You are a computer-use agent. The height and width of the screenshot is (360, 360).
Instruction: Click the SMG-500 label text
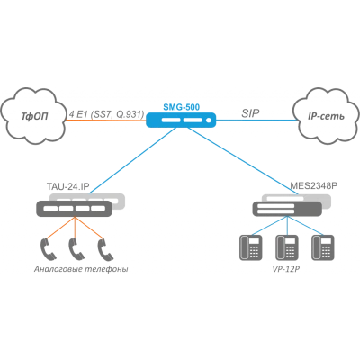(x=182, y=107)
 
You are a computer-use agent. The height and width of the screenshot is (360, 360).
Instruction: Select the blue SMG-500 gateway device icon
(x=181, y=120)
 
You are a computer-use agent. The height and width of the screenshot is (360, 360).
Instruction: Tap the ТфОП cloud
(x=34, y=116)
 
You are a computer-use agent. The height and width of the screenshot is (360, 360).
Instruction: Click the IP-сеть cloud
(x=326, y=116)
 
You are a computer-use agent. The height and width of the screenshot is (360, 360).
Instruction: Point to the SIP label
(x=250, y=113)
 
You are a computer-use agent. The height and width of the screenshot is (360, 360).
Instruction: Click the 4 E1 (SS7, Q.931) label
(x=107, y=114)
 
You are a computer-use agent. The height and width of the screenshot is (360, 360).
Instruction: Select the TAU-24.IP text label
(x=68, y=186)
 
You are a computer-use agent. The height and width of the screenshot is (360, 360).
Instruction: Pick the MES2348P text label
(x=314, y=186)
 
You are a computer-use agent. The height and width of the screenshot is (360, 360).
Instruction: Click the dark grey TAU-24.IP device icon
(x=74, y=209)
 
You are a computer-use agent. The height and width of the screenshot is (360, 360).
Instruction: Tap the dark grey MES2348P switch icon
(x=287, y=209)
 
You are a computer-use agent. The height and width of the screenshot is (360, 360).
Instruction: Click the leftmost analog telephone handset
(x=48, y=249)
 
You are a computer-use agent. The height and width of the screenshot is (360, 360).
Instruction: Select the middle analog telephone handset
(x=76, y=249)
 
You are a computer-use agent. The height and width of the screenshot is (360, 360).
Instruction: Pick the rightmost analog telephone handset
(x=105, y=249)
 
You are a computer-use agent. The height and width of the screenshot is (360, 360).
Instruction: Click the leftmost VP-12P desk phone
(x=251, y=247)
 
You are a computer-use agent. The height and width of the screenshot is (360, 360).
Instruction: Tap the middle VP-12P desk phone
(x=287, y=247)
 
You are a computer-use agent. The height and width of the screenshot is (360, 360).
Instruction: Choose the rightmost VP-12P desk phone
(x=323, y=247)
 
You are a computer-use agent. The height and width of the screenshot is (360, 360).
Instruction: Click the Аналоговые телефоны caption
(x=81, y=269)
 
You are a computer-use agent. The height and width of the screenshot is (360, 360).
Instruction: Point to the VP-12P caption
(x=286, y=269)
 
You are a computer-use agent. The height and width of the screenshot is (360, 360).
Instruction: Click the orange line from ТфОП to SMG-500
(x=106, y=121)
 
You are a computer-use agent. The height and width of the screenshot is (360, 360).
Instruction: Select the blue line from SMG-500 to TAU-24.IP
(x=133, y=160)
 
